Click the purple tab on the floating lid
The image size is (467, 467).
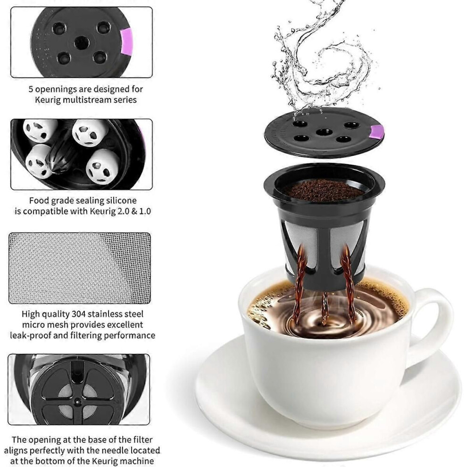click(x=377, y=132)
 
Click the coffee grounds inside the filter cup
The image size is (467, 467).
click(x=324, y=191)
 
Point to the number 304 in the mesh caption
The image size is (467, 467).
click(x=78, y=314)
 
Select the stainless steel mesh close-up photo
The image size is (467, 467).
click(x=80, y=268)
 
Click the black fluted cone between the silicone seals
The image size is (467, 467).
click(x=63, y=154)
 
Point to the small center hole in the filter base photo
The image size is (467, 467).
click(x=78, y=401)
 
